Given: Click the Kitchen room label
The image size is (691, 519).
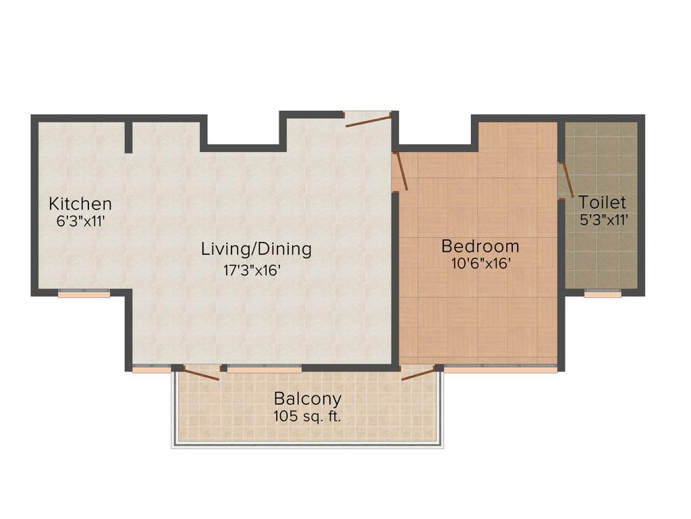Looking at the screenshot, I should coord(80,203).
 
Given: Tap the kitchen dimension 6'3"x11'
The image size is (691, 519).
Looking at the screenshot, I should coord(80,220).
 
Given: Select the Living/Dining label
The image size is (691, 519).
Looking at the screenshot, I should coord(256,249).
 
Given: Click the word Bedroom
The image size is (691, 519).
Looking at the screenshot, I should coord(480,246).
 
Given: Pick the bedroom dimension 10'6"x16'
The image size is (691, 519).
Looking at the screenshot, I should coord(480,264).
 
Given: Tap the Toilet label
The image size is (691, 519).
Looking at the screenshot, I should coord(602,202).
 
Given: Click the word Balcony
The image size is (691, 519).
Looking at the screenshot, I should coord(307,399).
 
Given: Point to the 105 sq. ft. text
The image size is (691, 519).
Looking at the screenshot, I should coord(307,416).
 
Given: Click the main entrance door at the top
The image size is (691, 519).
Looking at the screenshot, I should coord(368,120).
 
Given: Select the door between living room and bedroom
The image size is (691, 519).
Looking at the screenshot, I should coord(400,171).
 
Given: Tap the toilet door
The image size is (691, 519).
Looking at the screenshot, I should coord(565,180).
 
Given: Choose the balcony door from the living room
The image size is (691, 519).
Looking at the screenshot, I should coord(201,373).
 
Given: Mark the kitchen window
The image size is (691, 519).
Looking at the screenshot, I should coord(84,294).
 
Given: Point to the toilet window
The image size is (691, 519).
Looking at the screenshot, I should coord(603,294).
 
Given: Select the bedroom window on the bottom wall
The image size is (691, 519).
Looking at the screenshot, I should coord(500,369).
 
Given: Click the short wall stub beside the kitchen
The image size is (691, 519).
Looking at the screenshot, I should coord(128,137).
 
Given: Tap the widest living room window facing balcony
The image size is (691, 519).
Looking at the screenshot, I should coord(264,369).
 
